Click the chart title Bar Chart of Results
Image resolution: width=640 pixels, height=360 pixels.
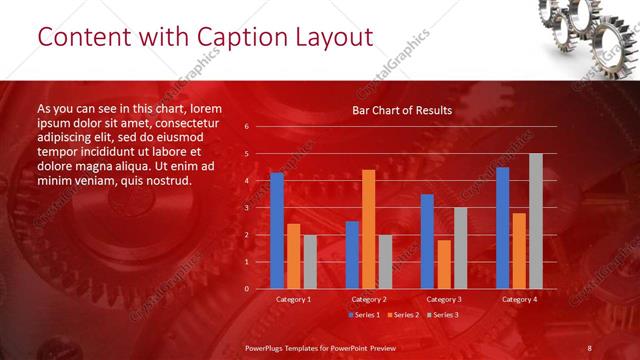(x=402, y=110)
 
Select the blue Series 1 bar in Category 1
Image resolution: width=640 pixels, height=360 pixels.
(x=277, y=231)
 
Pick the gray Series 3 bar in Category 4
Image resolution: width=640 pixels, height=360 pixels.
(x=535, y=221)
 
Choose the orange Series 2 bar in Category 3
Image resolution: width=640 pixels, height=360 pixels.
(x=443, y=264)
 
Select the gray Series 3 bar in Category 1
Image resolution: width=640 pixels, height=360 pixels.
(x=309, y=262)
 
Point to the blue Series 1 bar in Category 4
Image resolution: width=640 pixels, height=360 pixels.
(x=503, y=228)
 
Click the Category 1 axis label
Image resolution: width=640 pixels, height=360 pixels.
(x=293, y=299)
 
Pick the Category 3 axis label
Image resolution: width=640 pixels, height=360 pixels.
(x=443, y=299)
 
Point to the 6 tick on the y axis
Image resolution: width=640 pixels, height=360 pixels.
(x=247, y=127)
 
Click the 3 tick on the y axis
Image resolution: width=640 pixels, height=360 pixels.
(x=247, y=208)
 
